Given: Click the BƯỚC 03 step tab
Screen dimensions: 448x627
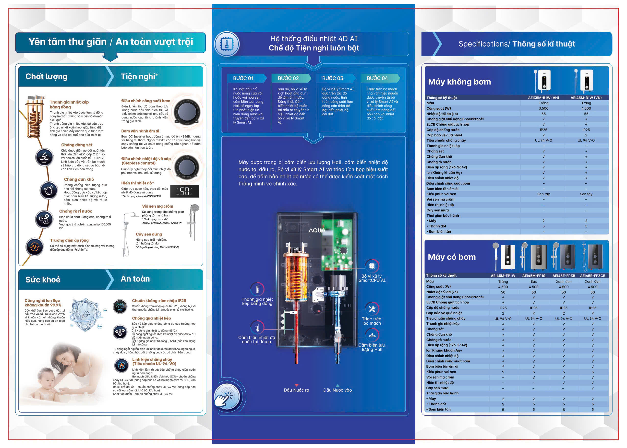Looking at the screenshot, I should coord(333,78).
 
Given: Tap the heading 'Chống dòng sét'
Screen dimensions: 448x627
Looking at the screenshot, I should coord(77,145).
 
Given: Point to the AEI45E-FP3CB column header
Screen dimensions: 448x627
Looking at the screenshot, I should coord(592,276).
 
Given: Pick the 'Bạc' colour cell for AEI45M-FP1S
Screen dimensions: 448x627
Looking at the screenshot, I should coord(533,281).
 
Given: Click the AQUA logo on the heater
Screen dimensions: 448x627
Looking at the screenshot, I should coord(317,230).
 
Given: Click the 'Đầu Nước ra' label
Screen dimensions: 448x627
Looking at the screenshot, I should coord(296,390).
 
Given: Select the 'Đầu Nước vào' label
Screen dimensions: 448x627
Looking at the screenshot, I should coord(337,390).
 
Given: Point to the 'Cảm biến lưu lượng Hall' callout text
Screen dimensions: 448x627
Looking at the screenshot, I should coord(372,347).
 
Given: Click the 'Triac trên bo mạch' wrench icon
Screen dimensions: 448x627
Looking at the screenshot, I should coord(372,309).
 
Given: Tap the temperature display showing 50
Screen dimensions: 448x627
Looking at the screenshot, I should coord(185,191).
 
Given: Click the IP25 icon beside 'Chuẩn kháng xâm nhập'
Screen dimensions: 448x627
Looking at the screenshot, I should coord(120,307).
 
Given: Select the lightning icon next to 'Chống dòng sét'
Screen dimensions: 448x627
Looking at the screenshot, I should coord(44,157).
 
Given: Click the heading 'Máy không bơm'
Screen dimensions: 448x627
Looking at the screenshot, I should coord(459,82).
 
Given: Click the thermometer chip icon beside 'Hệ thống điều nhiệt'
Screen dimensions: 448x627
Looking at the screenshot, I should coord(227,44).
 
